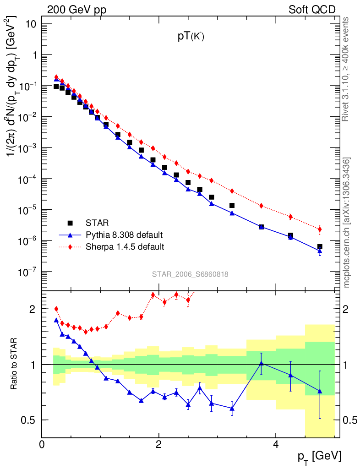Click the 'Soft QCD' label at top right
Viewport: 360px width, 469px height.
click(312, 10)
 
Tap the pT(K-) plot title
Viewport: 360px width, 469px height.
click(191, 38)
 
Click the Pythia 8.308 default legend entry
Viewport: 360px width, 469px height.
click(124, 235)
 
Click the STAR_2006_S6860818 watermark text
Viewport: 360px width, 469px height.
click(190, 274)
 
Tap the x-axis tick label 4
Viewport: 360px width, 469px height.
click(275, 445)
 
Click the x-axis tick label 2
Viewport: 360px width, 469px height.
click(158, 445)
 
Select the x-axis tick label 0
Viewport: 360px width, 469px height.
click(42, 445)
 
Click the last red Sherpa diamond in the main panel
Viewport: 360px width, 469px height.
click(320, 229)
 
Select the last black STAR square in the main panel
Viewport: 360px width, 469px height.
click(320, 247)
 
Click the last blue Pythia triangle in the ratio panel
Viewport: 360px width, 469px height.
click(320, 391)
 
